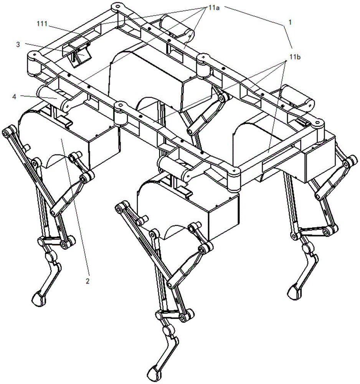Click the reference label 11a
coord(214,8)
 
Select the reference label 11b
coord(295,57)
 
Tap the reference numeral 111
coord(42,24)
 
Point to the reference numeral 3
coord(18,45)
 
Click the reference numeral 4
coord(14,97)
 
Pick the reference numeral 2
coord(88,281)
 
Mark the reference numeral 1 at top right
coord(290,22)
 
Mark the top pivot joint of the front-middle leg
coord(119,208)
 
